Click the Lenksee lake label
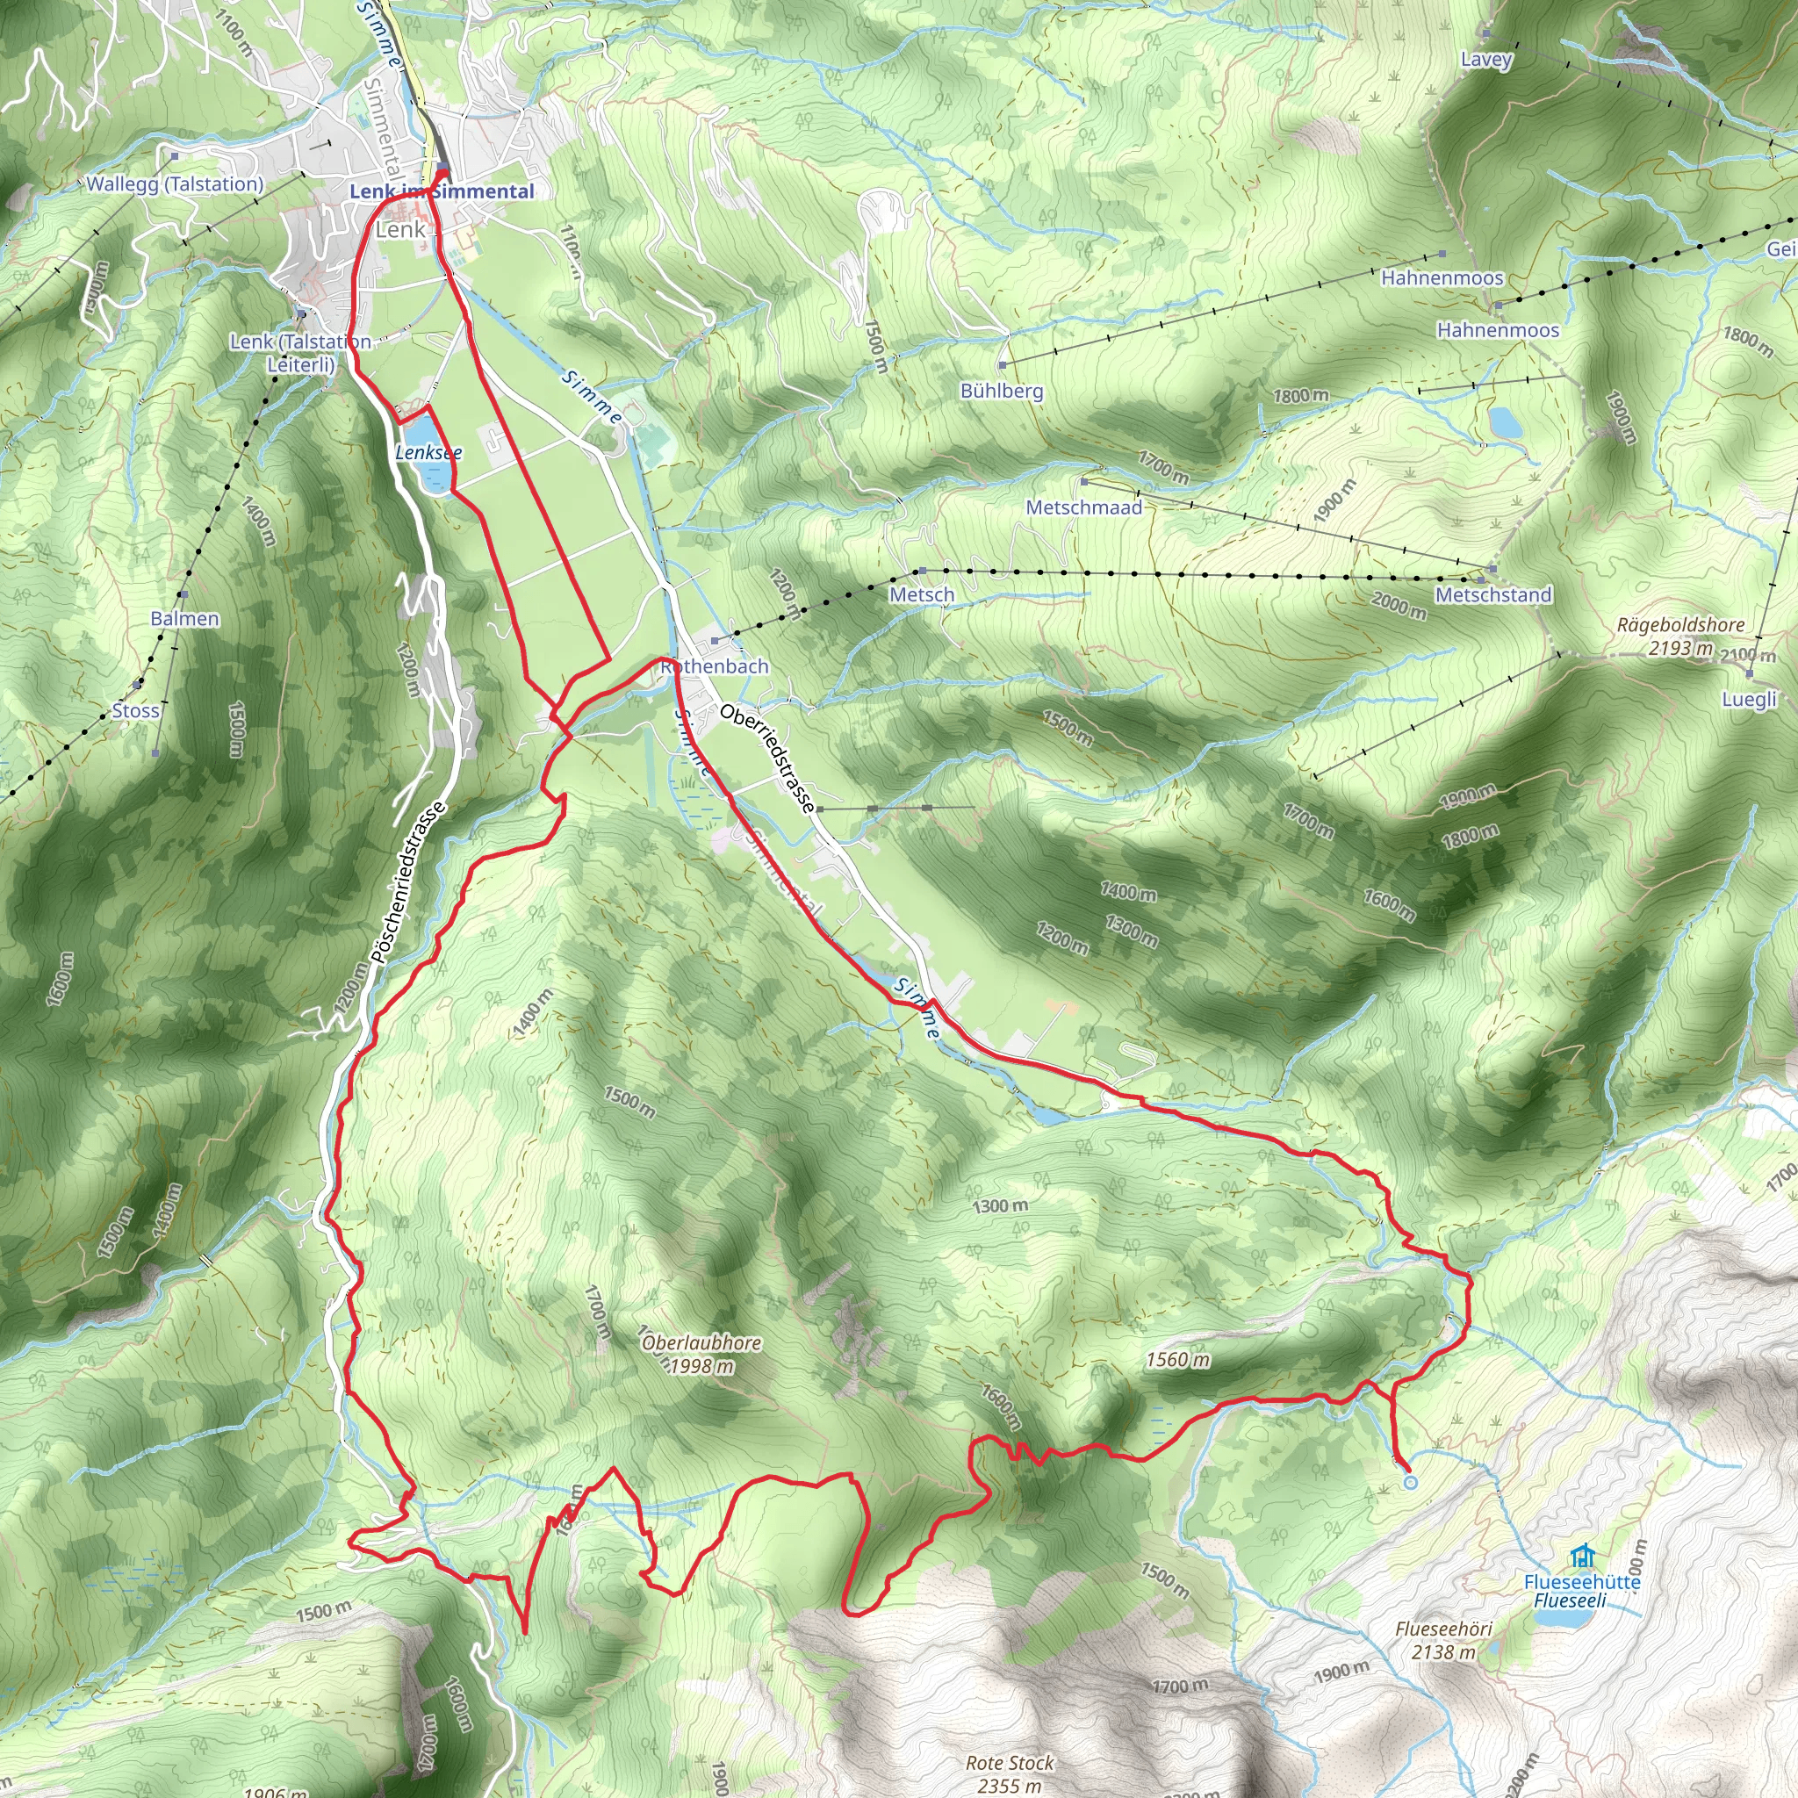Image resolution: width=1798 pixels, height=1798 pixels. pyautogui.click(x=428, y=452)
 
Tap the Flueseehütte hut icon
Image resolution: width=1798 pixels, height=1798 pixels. pyautogui.click(x=1581, y=1556)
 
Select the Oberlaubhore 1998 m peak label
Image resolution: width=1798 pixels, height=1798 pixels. pyautogui.click(x=701, y=1354)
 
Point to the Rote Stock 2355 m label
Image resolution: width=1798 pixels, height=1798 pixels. pyautogui.click(x=1010, y=1773)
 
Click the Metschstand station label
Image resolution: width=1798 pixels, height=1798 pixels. pyautogui.click(x=1492, y=594)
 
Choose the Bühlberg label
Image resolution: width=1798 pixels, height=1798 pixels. pyautogui.click(x=1002, y=391)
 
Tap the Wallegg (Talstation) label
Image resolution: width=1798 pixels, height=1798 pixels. pyautogui.click(x=175, y=184)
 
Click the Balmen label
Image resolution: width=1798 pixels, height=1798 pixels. pyautogui.click(x=185, y=619)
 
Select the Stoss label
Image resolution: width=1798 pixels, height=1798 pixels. pyautogui.click(x=136, y=711)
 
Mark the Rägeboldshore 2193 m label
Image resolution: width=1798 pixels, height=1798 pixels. pyautogui.click(x=1679, y=636)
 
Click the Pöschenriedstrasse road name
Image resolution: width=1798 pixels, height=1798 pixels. pyautogui.click(x=408, y=883)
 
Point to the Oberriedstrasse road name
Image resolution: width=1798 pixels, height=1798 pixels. pyautogui.click(x=768, y=758)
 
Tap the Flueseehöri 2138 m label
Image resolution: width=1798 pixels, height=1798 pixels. pyautogui.click(x=1443, y=1641)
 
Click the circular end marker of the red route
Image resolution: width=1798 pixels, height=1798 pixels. pyautogui.click(x=1410, y=1483)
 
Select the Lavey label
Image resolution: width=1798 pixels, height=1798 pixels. pyautogui.click(x=1486, y=60)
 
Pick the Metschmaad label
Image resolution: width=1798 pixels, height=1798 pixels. pyautogui.click(x=1083, y=507)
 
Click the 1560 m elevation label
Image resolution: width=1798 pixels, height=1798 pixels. pyautogui.click(x=1177, y=1360)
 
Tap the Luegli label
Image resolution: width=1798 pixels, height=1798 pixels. pyautogui.click(x=1749, y=699)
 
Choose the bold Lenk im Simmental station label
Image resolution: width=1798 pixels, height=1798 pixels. pyautogui.click(x=442, y=191)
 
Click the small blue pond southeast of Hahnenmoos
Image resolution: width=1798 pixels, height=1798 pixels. pyautogui.click(x=1505, y=423)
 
